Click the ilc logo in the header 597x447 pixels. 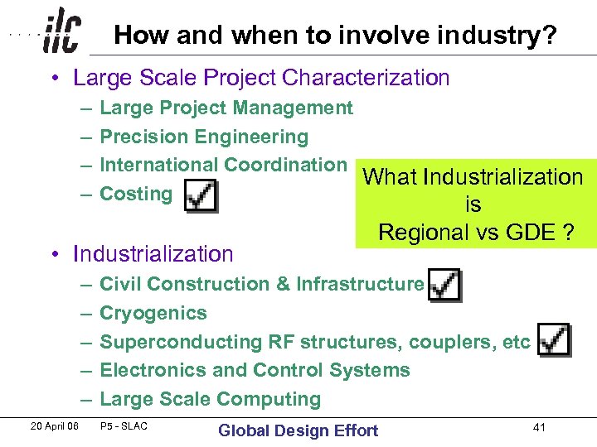coord(62,31)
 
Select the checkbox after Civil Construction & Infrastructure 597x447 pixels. coord(444,284)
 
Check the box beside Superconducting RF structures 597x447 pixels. coord(552,339)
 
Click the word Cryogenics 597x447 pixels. coord(153,313)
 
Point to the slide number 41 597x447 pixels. coord(539,427)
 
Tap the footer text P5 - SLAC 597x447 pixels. coord(124,427)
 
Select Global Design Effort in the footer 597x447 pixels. coord(298,430)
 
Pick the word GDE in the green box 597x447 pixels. coord(531,232)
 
